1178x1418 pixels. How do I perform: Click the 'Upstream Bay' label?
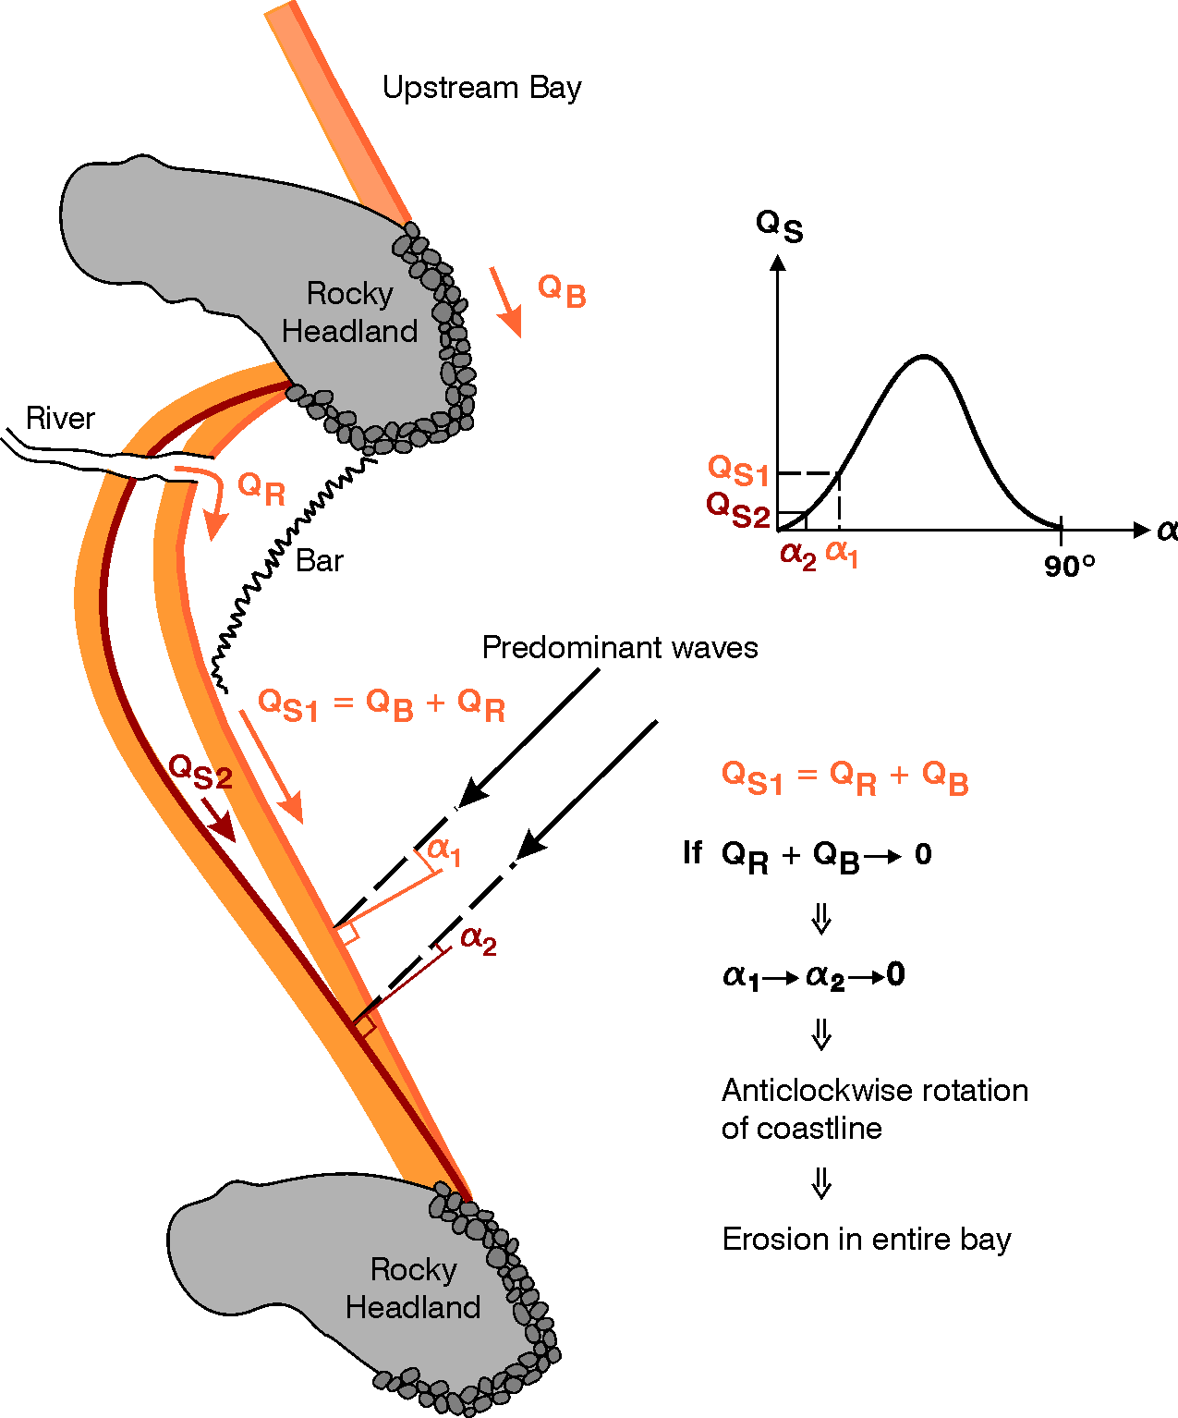[x=481, y=88]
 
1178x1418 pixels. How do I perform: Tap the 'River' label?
[x=60, y=419]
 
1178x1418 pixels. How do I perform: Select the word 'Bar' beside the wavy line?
[x=320, y=561]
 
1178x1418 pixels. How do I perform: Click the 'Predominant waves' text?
[x=620, y=647]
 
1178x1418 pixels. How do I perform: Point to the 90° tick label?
[x=1070, y=566]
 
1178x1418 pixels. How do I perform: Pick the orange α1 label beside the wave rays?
[x=444, y=850]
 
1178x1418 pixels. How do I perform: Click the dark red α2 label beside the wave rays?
[x=479, y=940]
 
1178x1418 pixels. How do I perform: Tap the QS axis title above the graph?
[x=779, y=225]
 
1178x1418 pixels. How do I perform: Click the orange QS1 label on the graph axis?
[x=738, y=471]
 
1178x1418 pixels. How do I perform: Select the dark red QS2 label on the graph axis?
[x=737, y=509]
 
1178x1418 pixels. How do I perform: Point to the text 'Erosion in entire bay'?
[x=867, y=1239]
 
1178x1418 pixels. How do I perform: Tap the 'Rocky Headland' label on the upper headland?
[x=349, y=312]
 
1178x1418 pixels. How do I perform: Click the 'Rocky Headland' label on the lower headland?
[x=413, y=1289]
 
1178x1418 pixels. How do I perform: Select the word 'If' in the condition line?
[x=693, y=852]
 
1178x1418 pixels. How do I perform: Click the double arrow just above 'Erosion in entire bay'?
[x=821, y=1183]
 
